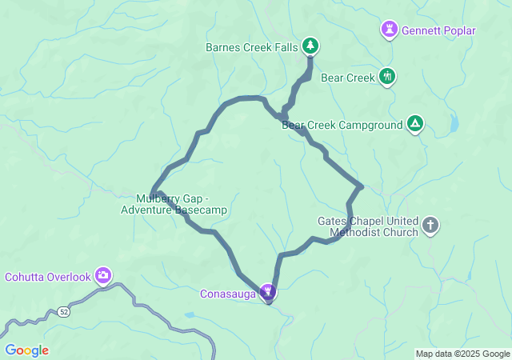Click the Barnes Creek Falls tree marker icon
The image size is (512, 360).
pyautogui.click(x=310, y=46)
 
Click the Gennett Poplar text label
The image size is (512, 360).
pyautogui.click(x=438, y=31)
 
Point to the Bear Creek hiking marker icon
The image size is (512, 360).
pyautogui.click(x=387, y=77)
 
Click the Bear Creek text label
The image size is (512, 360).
pyautogui.click(x=347, y=78)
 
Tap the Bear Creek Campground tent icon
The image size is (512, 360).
pyautogui.click(x=414, y=123)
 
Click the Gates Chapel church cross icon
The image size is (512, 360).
pyautogui.click(x=430, y=225)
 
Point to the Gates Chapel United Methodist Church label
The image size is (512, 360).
pyautogui.click(x=368, y=226)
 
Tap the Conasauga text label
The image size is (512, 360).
pyautogui.click(x=228, y=294)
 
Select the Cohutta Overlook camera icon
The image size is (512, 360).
pyautogui.click(x=103, y=276)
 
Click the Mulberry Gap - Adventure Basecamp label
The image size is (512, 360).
pyautogui.click(x=174, y=204)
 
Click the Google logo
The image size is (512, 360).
pyautogui.click(x=26, y=350)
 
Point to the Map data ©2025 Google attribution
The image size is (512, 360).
pyautogui.click(x=462, y=354)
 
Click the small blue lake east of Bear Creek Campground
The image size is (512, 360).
pyautogui.click(x=454, y=124)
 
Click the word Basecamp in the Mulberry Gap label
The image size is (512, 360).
pyautogui.click(x=201, y=210)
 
